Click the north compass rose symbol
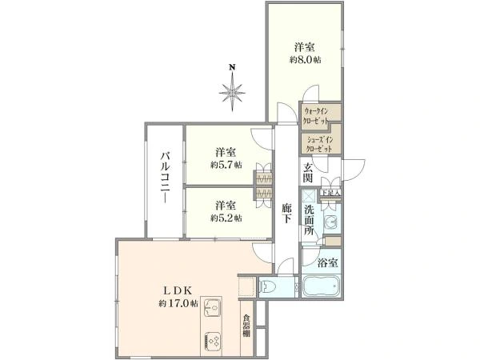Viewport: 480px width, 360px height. point(232,90)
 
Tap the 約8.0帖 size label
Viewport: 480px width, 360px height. point(306,59)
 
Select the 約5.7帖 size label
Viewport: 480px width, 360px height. point(226,165)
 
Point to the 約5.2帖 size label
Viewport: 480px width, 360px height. point(226,218)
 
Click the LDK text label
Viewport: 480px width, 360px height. point(175,290)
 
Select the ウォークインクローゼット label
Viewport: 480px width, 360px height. point(322,113)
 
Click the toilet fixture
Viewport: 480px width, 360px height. point(269,286)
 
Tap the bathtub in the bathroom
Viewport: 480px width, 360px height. point(322,286)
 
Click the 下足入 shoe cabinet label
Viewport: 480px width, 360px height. point(330,193)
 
